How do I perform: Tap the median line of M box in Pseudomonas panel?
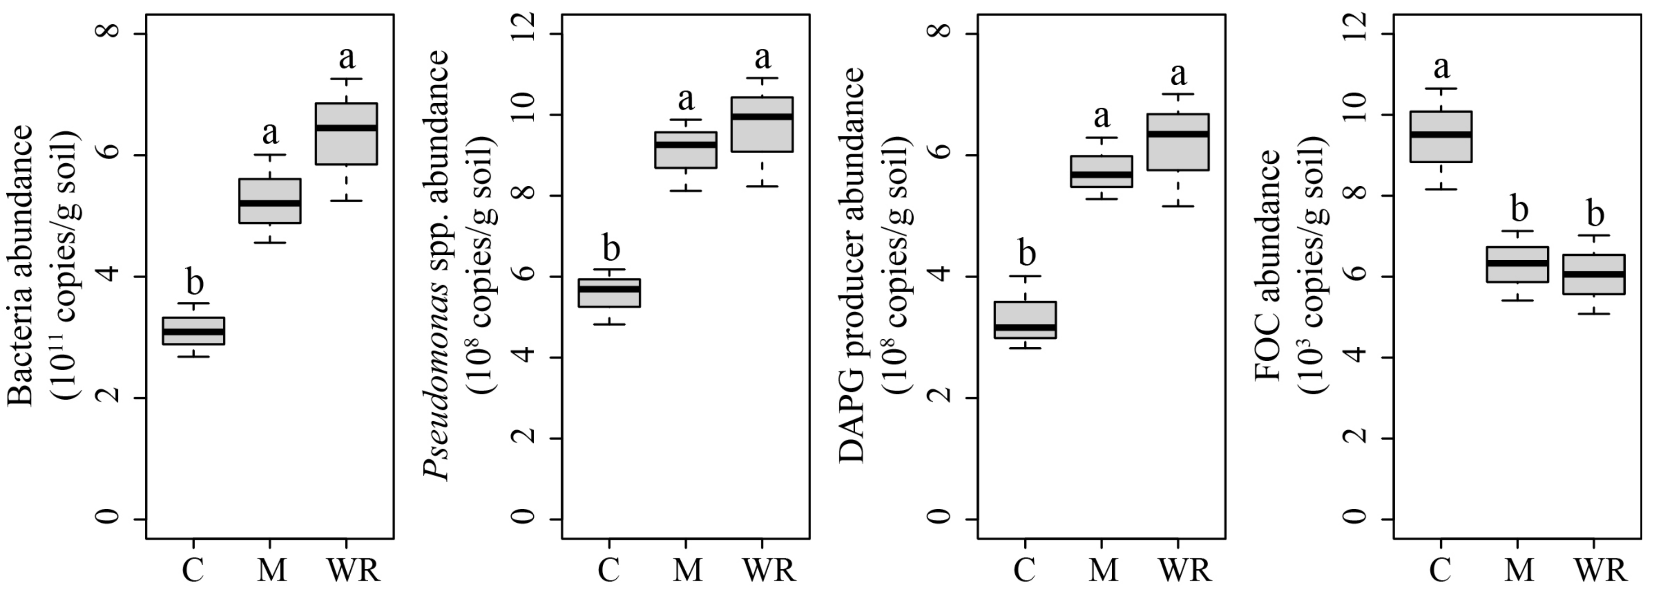[686, 144]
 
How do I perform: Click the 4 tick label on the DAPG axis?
[940, 276]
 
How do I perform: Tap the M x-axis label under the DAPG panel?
[1103, 570]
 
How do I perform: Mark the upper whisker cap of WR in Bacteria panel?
[346, 79]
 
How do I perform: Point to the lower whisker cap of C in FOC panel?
[1441, 189]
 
